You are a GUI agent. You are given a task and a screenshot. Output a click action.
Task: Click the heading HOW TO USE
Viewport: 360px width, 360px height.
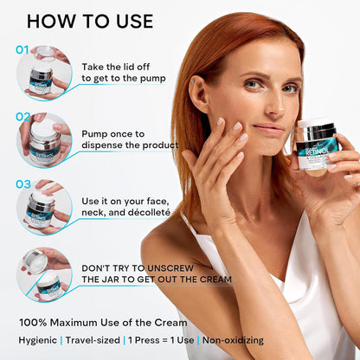click(90, 21)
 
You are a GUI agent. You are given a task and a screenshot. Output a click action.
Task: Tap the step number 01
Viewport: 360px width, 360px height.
click(23, 50)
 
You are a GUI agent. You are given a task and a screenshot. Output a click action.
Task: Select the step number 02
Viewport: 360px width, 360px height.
click(23, 117)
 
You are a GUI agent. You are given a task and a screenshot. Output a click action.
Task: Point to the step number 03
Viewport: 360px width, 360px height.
click(23, 183)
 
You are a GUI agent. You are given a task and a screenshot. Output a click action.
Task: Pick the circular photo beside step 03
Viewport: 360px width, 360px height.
click(44, 206)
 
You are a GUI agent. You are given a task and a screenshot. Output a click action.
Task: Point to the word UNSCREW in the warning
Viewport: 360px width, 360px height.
click(200, 267)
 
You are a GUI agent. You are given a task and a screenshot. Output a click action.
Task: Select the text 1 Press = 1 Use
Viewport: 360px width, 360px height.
click(164, 340)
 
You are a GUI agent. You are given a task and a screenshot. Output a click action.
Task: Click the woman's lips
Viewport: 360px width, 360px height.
click(270, 130)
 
